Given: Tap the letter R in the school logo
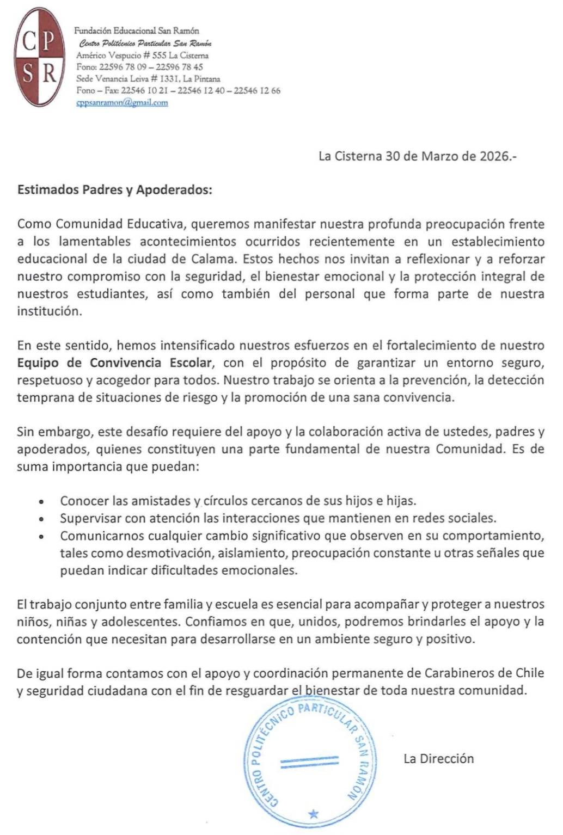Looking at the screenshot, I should click(x=50, y=73).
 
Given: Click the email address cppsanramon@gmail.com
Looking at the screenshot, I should click(x=122, y=102).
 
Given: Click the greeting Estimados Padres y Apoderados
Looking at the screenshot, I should click(x=115, y=190).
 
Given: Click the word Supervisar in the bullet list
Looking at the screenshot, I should click(x=90, y=518).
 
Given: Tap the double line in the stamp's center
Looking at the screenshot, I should click(x=309, y=762).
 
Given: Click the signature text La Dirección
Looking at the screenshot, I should click(x=438, y=758).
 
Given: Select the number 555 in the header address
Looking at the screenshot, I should click(x=160, y=56).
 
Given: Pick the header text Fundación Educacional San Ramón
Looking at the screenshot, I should click(x=137, y=31).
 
